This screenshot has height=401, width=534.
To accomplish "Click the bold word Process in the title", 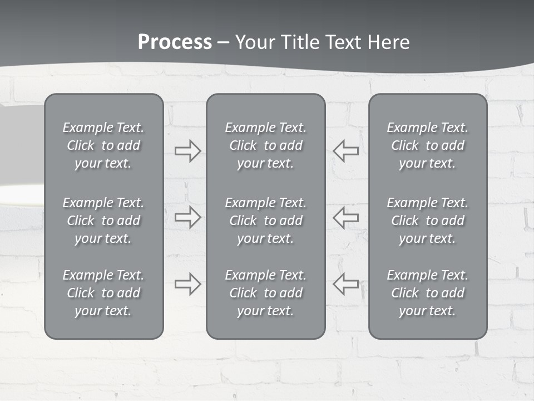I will point(175,42).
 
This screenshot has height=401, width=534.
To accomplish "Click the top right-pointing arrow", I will point(188,151).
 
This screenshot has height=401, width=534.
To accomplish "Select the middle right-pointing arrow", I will point(188,217).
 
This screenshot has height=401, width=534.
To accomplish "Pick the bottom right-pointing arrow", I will point(188,284).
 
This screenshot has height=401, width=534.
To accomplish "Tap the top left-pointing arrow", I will point(345,151).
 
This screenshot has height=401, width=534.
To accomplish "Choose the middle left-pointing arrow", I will point(345,217).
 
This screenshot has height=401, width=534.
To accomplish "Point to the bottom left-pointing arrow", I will point(345,284).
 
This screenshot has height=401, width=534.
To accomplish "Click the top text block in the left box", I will point(103,145).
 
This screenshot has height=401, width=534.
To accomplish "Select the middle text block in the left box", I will point(103,221).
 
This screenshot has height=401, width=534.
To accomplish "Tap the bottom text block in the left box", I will point(103,293).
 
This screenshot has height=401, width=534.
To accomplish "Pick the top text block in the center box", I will point(265,145).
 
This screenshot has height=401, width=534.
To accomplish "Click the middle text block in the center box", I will point(265,221).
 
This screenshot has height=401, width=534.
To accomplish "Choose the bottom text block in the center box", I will point(265,293).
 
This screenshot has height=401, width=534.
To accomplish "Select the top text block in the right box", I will point(428,145).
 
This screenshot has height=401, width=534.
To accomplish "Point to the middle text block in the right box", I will point(428,221).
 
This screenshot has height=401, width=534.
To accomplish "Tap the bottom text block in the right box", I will point(428,293).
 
